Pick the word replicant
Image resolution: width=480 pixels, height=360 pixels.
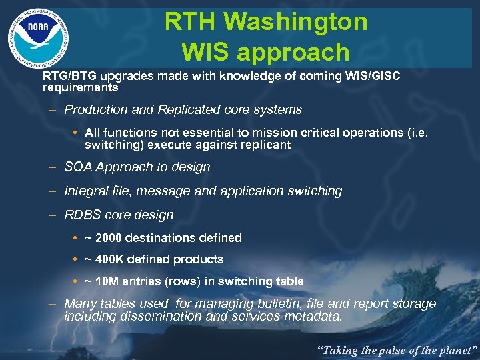coord(265,145)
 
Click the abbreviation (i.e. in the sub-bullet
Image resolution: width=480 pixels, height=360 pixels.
coord(423,133)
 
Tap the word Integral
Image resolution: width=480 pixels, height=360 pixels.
coord(87,191)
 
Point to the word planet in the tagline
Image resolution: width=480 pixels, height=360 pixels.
coord(453,349)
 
